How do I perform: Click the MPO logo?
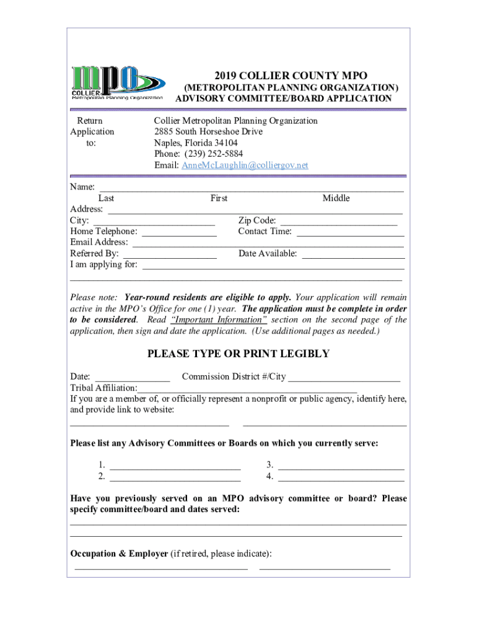[118, 82]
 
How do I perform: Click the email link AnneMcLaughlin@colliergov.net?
[244, 165]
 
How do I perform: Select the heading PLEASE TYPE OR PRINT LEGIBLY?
[238, 354]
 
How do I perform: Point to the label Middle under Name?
[336, 198]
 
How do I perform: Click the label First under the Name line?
[219, 198]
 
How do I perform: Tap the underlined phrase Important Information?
[219, 320]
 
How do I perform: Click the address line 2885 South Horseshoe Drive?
[208, 132]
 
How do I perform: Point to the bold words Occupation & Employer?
[119, 554]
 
